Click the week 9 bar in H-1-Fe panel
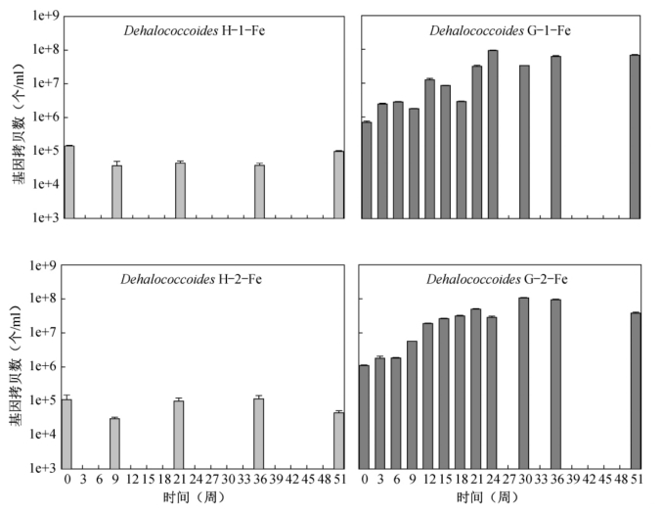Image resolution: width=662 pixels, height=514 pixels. [116, 191]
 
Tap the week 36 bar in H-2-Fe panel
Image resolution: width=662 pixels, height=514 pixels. [258, 433]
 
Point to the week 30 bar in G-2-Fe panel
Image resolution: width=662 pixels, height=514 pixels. [523, 382]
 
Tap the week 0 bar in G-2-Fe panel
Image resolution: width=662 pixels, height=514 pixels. [364, 416]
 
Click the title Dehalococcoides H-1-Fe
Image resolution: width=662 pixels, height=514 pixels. [195, 30]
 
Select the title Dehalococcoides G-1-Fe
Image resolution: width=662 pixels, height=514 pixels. [501, 30]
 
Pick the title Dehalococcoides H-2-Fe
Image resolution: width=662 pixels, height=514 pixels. [192, 279]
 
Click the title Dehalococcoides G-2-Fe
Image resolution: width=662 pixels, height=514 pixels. [498, 279]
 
